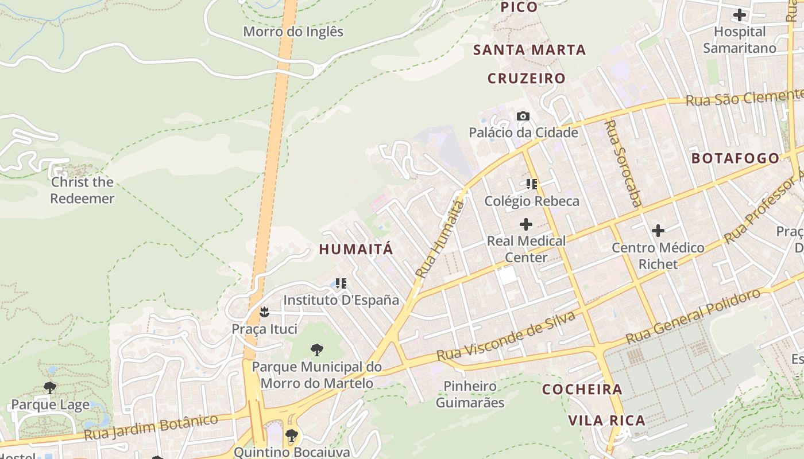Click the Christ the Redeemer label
(x=82, y=190)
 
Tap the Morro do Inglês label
(x=293, y=32)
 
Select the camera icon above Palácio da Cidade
(x=523, y=116)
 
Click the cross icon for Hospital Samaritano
(x=740, y=15)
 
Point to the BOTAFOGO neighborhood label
(x=736, y=158)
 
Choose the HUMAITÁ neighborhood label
(x=356, y=249)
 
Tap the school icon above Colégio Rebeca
(x=532, y=184)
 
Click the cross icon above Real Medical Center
(x=525, y=224)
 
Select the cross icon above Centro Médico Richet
(x=658, y=231)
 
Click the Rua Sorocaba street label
(x=623, y=163)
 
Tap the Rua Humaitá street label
(x=440, y=239)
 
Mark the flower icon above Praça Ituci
(x=264, y=312)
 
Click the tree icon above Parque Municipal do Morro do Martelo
(x=316, y=350)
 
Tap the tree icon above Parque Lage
(x=50, y=388)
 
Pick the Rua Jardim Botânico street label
(x=151, y=427)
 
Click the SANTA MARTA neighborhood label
(x=529, y=50)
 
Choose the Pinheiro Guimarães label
(x=470, y=394)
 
